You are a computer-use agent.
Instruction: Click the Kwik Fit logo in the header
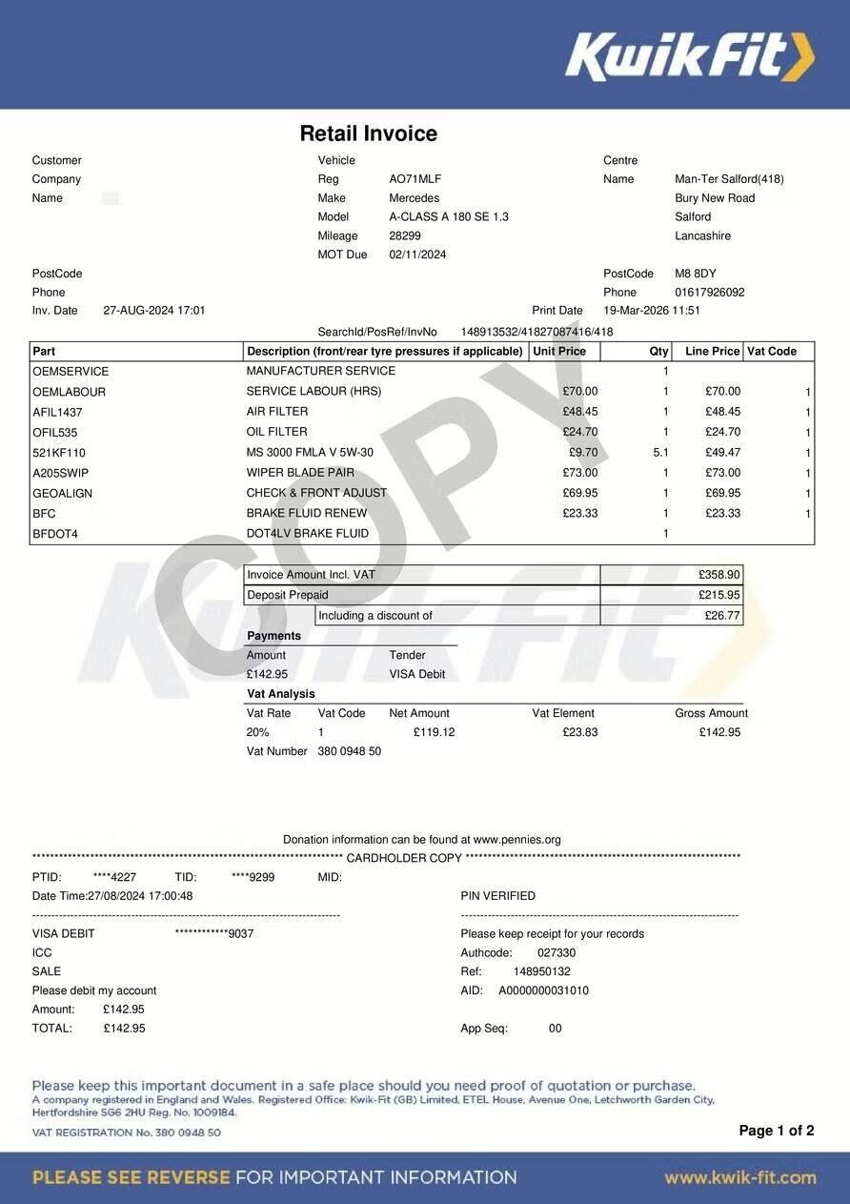coord(690,56)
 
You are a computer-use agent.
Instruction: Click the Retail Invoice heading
coord(368,133)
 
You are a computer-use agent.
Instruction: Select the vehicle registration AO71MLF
coord(415,179)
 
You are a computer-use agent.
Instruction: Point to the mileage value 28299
coord(405,235)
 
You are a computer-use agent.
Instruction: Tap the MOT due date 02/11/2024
coord(417,255)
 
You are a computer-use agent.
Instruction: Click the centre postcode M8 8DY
coord(695,274)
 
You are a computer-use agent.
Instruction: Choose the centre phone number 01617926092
coord(709,293)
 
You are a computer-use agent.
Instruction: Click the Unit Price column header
coord(559,352)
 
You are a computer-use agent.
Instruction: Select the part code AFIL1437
coord(57,412)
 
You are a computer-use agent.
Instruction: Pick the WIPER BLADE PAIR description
coord(300,473)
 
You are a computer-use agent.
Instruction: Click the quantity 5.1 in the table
coord(660,453)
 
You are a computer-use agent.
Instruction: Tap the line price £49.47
coord(722,453)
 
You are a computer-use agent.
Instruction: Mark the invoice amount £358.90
coord(719,575)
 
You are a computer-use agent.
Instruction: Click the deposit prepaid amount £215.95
coord(719,595)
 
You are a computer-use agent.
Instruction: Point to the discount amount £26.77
coord(722,616)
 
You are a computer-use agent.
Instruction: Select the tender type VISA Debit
coord(416,674)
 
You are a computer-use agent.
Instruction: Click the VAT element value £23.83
coord(580,732)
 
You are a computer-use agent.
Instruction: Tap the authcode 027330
coord(557,952)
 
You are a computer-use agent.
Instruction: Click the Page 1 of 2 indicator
coord(776,1131)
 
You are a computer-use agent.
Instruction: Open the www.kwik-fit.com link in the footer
coord(739,1177)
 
